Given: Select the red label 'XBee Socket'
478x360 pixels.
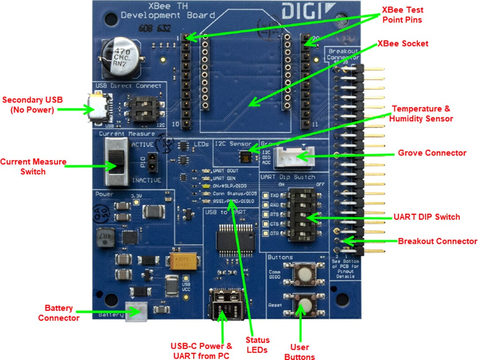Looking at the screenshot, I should [x=403, y=44].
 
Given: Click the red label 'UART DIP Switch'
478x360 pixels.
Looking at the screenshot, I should [x=427, y=217].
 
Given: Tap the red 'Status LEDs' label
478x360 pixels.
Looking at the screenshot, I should [x=258, y=345].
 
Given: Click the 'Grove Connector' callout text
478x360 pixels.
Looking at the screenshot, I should [x=432, y=153].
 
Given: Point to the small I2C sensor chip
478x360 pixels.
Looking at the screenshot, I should [x=244, y=155].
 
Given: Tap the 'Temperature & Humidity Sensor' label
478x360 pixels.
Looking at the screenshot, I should [x=423, y=113].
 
